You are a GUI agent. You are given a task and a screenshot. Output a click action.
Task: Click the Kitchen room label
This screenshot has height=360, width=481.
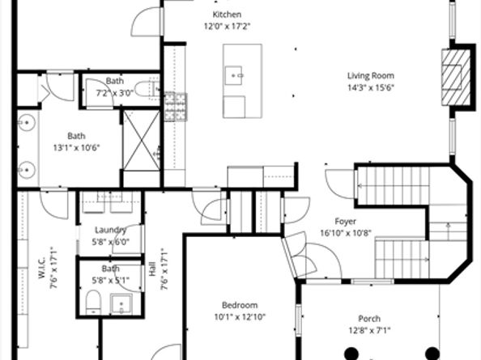click(x=227, y=15)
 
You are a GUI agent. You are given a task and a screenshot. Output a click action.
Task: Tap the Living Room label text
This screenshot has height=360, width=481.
click(x=371, y=76)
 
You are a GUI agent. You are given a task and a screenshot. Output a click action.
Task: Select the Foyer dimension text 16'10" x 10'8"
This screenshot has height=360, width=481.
click(x=346, y=233)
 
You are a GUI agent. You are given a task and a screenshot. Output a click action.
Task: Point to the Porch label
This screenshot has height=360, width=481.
click(x=369, y=319)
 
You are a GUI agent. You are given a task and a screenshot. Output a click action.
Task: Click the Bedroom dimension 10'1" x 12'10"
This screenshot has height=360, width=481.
click(x=240, y=317)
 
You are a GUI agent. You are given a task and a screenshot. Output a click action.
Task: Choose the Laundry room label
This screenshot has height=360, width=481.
click(x=110, y=230)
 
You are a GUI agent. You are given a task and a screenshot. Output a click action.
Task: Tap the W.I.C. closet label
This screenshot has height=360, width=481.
click(x=42, y=268)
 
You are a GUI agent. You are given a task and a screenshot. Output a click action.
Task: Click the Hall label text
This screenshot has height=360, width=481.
click(x=152, y=269)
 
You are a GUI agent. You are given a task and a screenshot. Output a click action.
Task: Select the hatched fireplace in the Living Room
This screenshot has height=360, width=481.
click(x=456, y=78)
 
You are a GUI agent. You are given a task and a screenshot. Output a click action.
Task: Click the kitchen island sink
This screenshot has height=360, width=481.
click(x=233, y=75)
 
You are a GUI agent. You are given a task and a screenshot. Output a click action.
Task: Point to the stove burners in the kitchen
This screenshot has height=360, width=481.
click(x=176, y=107)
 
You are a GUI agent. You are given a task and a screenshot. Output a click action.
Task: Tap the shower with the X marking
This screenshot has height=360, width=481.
click(x=142, y=140)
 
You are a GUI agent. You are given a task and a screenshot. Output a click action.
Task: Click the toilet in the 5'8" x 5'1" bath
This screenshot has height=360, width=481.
click(x=93, y=303)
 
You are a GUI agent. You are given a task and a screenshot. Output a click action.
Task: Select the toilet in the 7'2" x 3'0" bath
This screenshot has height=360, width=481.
click(x=146, y=89)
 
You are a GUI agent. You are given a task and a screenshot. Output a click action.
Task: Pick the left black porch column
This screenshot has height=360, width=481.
click(x=352, y=354)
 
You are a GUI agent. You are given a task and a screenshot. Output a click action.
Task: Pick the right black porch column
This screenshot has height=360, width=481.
click(x=432, y=354)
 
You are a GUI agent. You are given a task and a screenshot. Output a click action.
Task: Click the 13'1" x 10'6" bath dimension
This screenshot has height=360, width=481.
click(x=77, y=148)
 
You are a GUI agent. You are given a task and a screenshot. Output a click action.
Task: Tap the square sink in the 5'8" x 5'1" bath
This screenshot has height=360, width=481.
click(x=121, y=303)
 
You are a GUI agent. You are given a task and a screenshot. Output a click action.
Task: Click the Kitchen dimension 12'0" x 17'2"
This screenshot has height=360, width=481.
click(x=227, y=27)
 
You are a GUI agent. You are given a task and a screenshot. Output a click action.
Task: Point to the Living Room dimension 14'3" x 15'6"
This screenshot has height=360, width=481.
click(x=371, y=87)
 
